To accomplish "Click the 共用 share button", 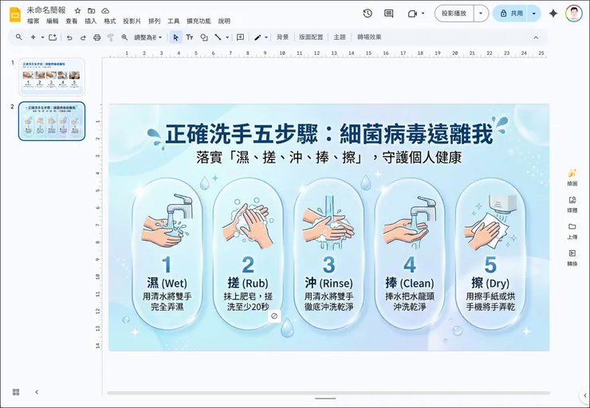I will tap(510, 14).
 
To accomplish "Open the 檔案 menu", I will tap(33, 22).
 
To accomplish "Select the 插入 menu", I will tap(91, 22).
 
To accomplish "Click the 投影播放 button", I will tap(454, 14).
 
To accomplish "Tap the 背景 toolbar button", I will tap(283, 37).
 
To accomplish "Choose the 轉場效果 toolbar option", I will tap(369, 37).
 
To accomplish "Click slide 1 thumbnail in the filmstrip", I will tap(52, 77).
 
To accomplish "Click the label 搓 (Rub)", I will tap(247, 283).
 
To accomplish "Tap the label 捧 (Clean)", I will tap(409, 283).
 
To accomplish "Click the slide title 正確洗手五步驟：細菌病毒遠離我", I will tap(328, 133).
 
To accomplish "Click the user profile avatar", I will tap(573, 14).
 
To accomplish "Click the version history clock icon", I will tap(368, 14).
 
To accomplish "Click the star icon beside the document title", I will tap(77, 10).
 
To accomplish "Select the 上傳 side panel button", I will tap(572, 230).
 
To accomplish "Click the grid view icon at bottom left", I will tap(16, 392).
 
